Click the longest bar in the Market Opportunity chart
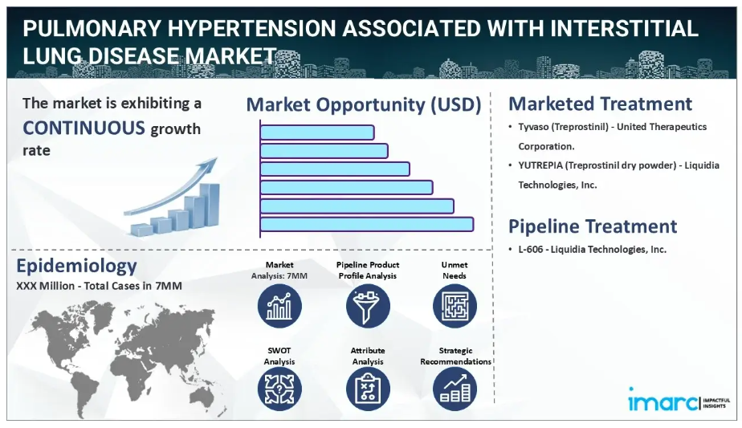[x=367, y=224]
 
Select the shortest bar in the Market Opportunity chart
[x=317, y=132]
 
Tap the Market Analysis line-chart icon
[x=279, y=306]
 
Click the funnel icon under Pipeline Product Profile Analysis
[x=368, y=306]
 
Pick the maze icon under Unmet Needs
[x=455, y=306]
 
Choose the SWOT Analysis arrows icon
[x=279, y=389]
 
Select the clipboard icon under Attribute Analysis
[x=368, y=389]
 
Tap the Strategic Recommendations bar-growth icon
[x=455, y=389]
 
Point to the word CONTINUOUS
[x=84, y=128]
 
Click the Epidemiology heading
[x=76, y=266]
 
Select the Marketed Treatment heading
[x=600, y=104]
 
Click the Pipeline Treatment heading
[x=593, y=226]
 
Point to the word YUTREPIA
[x=540, y=165]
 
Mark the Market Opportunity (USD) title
[x=364, y=104]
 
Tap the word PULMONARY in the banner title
[x=92, y=29]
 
